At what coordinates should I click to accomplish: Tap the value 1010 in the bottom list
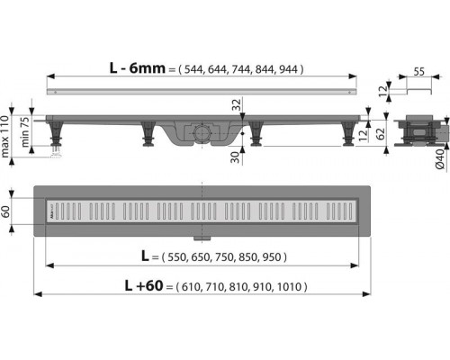pos(291,286)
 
